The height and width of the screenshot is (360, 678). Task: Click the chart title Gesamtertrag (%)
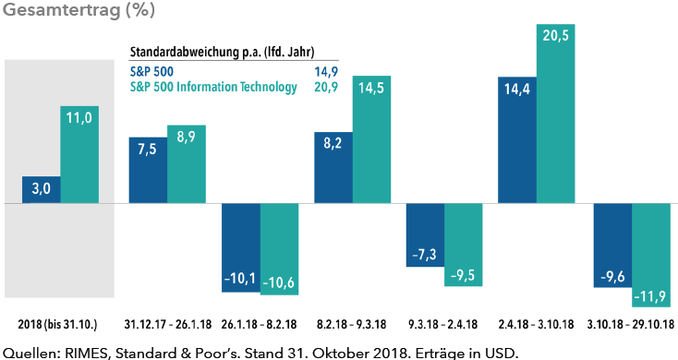[x=79, y=12]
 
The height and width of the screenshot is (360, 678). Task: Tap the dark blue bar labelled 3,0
[x=41, y=189]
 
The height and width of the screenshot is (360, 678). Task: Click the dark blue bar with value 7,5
[x=147, y=169]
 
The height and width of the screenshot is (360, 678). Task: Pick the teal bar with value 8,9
[x=187, y=163]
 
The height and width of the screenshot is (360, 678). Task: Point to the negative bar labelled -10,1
[x=240, y=247]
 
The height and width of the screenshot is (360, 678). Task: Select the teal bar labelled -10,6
[x=279, y=249]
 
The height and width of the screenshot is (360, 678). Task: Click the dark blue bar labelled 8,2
[x=333, y=167]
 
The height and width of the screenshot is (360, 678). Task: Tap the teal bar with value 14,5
[x=372, y=138]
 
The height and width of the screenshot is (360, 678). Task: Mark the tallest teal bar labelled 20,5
[x=558, y=113]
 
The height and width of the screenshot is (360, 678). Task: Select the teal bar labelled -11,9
[x=651, y=255]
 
